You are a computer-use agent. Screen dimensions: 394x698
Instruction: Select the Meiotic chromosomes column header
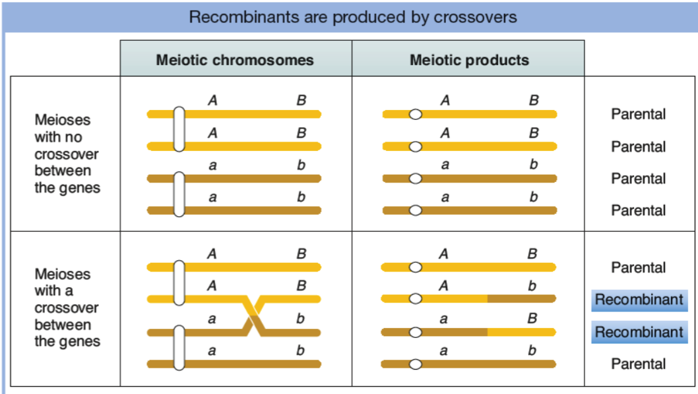click(x=235, y=60)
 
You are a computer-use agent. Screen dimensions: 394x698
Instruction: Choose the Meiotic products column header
click(x=469, y=60)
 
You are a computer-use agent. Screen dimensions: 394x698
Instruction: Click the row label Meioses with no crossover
click(x=67, y=154)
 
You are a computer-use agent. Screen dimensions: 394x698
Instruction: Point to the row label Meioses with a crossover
click(x=67, y=308)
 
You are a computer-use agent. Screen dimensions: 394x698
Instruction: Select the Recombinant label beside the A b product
click(x=639, y=300)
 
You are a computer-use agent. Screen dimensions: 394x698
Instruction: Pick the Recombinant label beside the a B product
click(x=639, y=332)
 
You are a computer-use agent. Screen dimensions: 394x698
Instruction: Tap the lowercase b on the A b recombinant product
click(x=532, y=287)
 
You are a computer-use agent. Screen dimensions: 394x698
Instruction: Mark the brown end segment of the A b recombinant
click(x=521, y=299)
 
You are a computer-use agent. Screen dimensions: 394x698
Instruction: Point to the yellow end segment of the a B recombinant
click(x=521, y=331)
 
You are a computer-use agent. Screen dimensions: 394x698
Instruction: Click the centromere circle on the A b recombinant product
click(x=415, y=299)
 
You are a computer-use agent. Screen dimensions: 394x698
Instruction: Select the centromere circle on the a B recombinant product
click(x=415, y=331)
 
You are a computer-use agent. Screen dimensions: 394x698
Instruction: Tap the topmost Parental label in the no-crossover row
click(x=638, y=114)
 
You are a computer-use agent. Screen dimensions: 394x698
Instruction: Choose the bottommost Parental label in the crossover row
click(x=638, y=364)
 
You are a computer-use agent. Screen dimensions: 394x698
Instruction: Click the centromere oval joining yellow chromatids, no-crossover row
click(x=178, y=130)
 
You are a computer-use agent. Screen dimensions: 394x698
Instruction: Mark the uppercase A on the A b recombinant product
click(x=443, y=287)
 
